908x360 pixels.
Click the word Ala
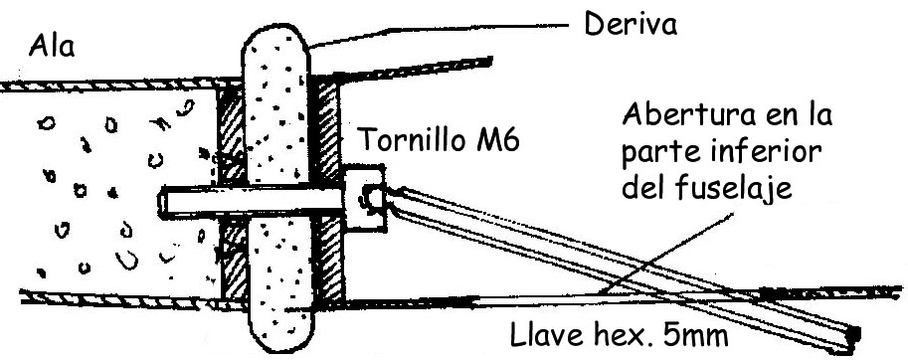pos(52,46)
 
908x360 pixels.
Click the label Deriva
pos(631,24)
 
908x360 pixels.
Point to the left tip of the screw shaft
pos(161,203)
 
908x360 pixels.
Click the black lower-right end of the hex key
pos(850,339)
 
